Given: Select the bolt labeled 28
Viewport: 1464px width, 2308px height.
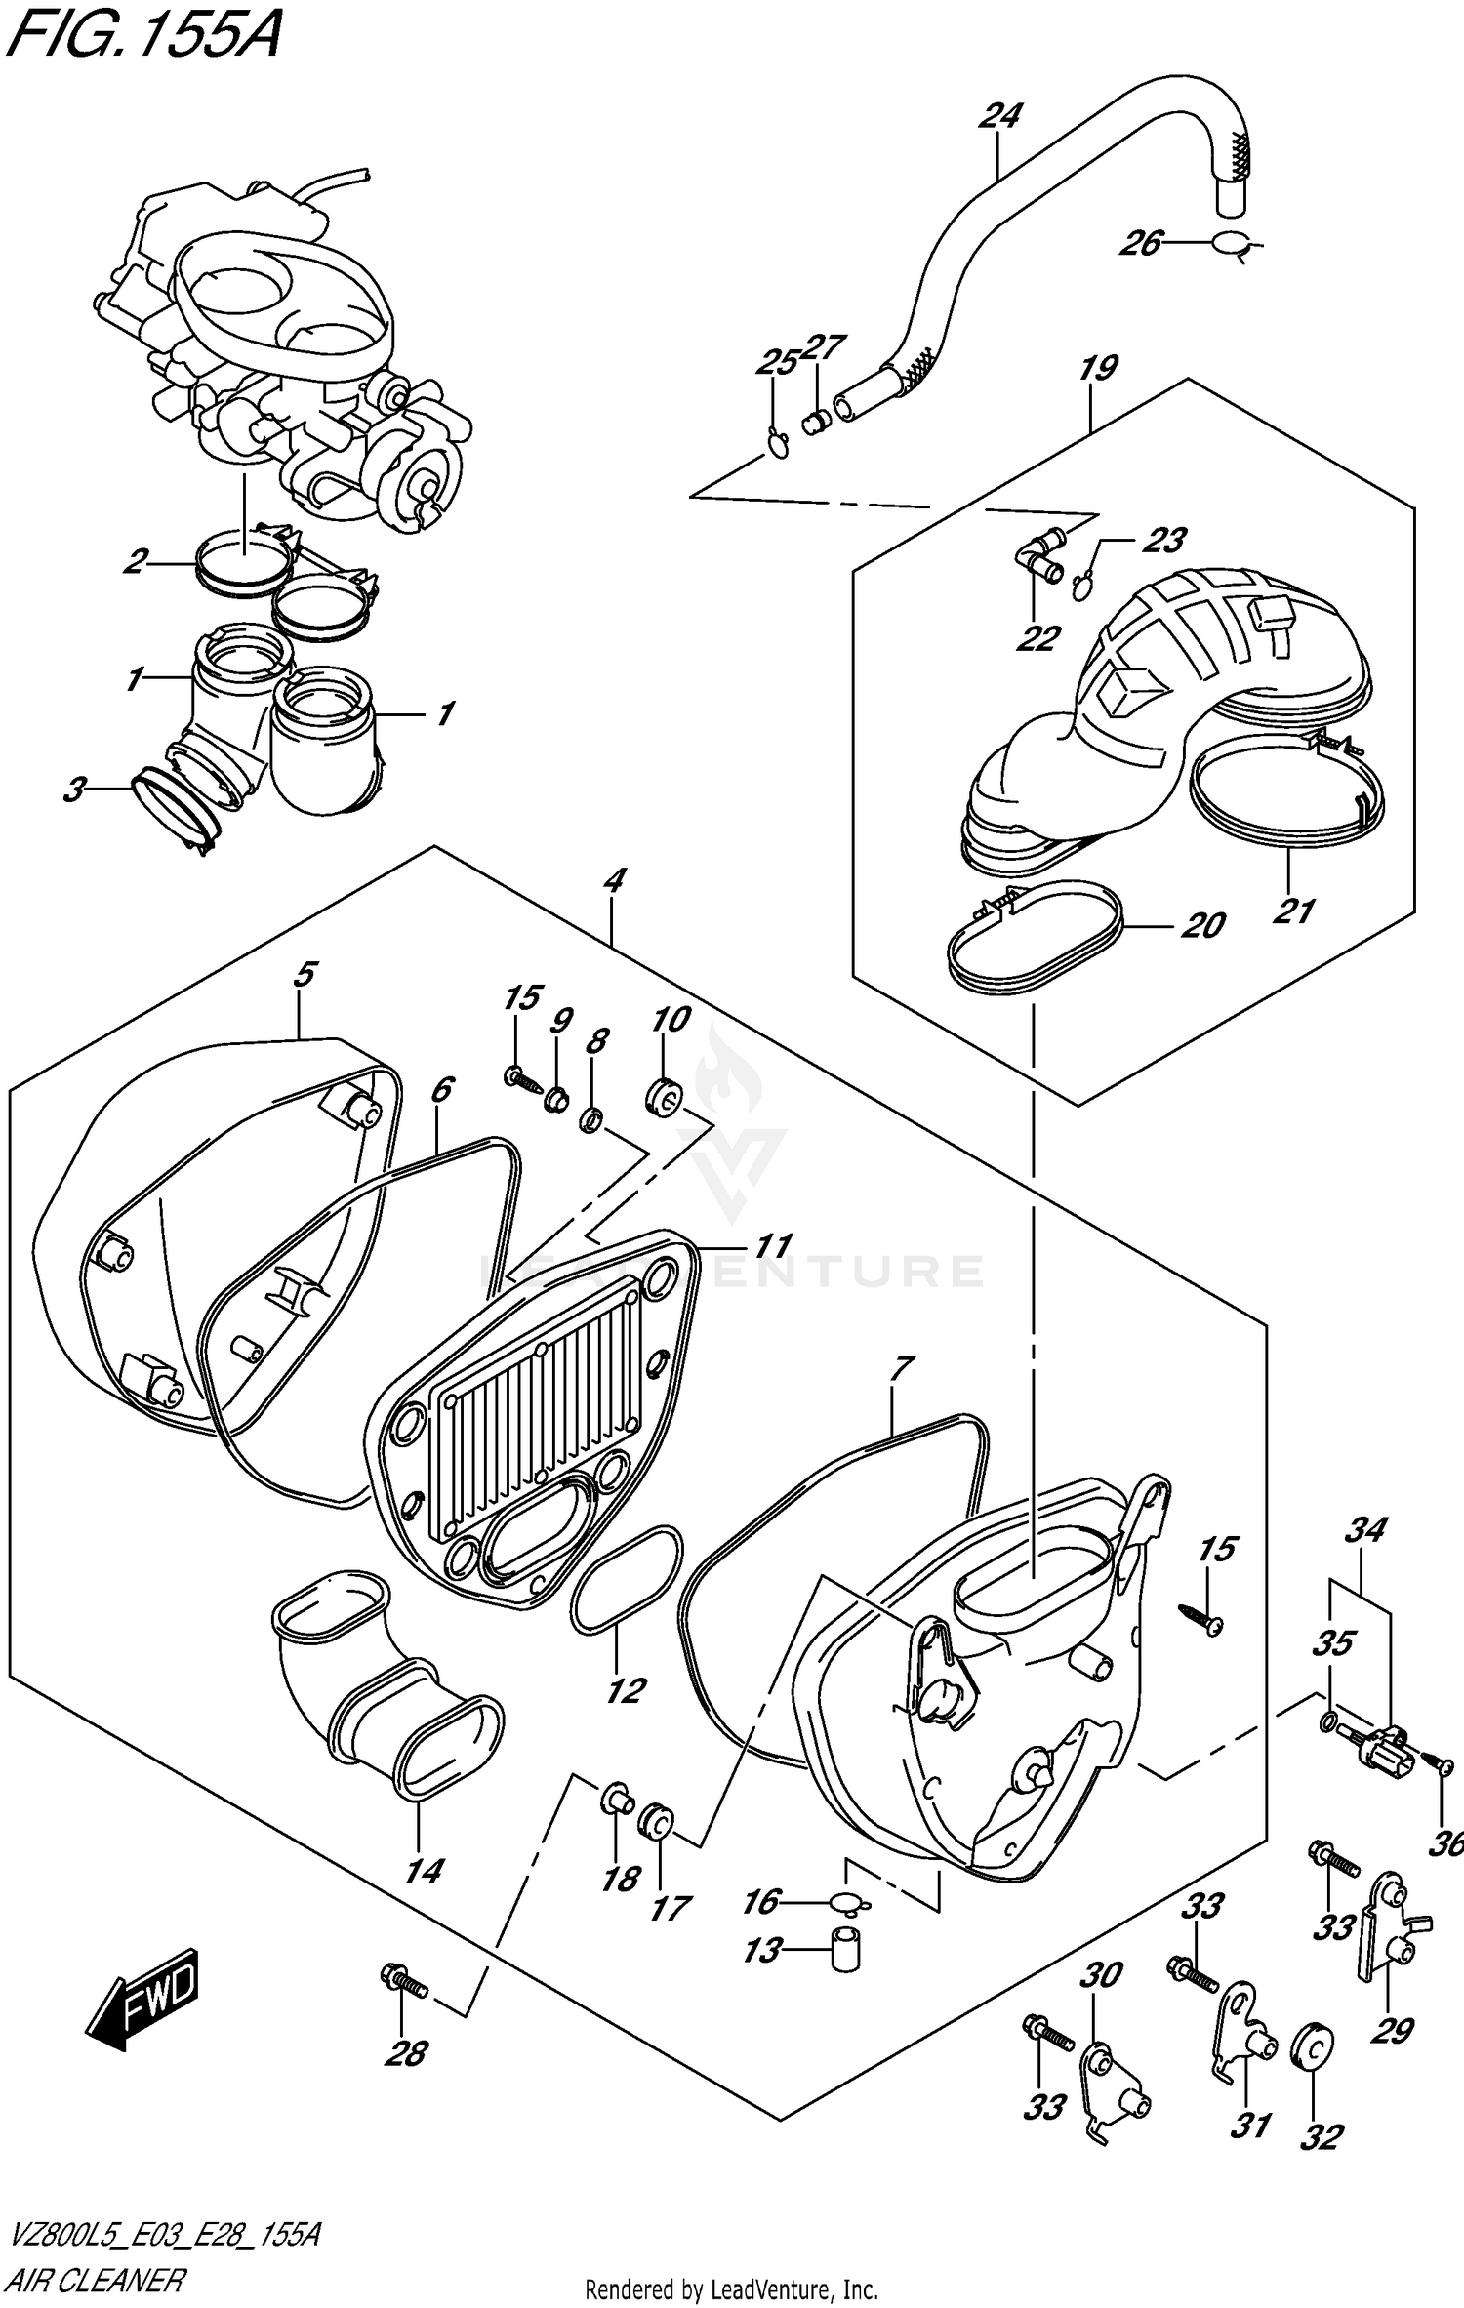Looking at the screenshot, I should (404, 1981).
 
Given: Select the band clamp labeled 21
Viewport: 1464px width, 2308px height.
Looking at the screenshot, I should (1288, 800).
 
